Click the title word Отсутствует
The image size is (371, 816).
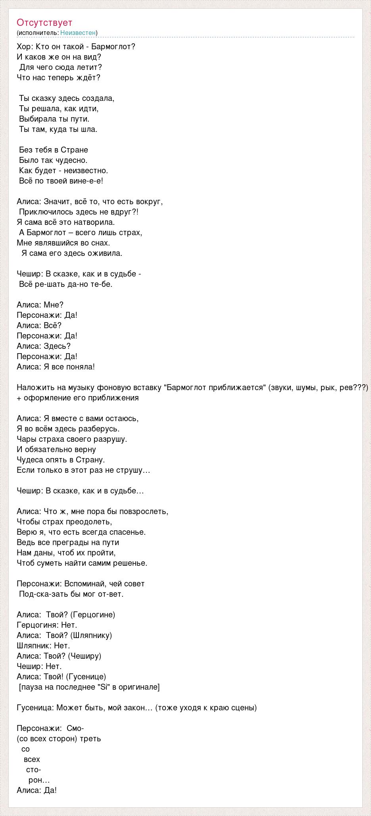point(44,23)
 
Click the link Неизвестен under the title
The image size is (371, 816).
point(78,33)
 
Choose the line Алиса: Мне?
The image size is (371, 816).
point(40,305)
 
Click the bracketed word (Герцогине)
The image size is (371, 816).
point(92,615)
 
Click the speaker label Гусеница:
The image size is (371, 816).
point(35,708)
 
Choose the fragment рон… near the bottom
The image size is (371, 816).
point(39,780)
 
